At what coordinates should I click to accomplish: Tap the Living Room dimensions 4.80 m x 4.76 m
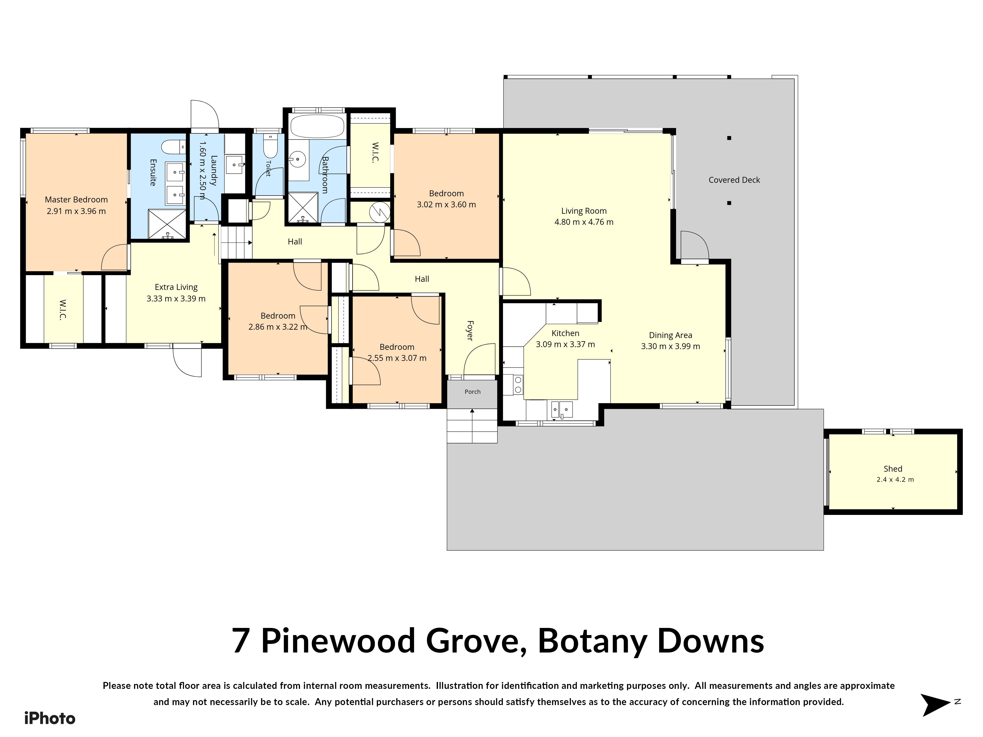coord(584,222)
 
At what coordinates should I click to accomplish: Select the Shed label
coord(893,469)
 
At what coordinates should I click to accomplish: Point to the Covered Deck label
coord(734,180)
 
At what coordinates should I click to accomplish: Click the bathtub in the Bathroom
coord(317,127)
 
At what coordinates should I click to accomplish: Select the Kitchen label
coord(565,333)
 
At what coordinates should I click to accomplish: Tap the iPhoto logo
coord(50,718)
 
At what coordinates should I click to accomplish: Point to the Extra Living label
coord(176,287)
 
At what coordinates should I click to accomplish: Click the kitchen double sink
coord(562,409)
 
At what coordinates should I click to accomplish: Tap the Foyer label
coord(470,330)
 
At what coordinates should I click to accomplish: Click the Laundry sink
coord(235,164)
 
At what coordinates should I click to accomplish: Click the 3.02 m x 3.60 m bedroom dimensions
coord(446,205)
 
